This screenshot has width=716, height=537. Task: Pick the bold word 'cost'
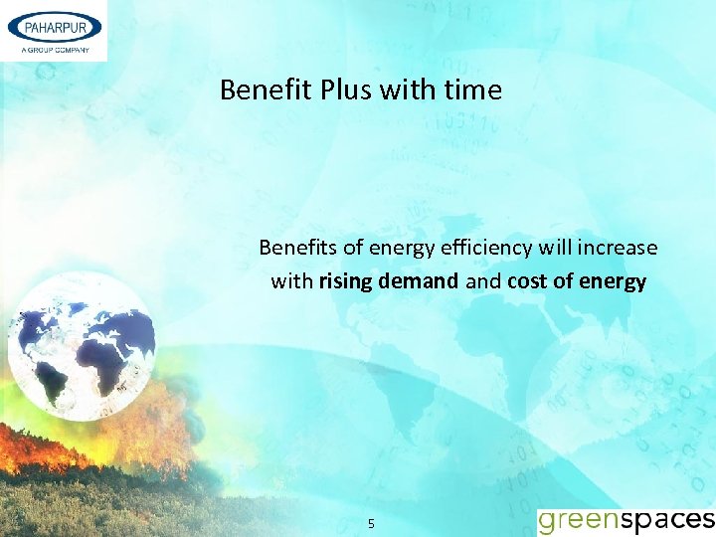[527, 281]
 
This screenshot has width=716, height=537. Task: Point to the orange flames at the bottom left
[60, 457]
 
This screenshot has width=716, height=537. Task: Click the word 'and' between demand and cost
[483, 281]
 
